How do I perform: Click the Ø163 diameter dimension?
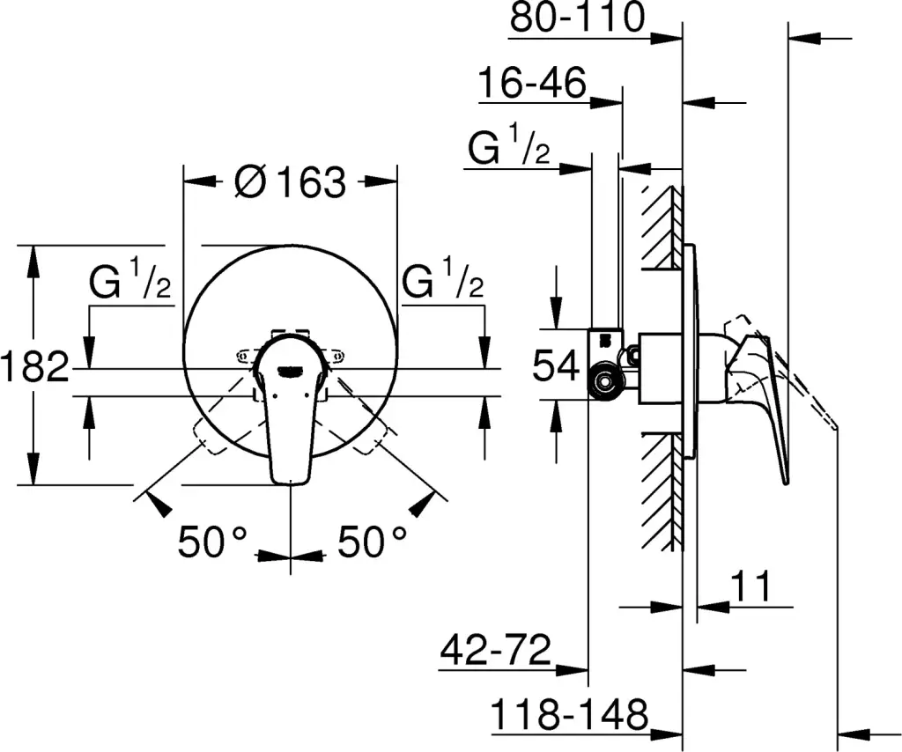[291, 181]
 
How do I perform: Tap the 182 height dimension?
[34, 366]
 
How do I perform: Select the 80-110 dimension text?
[578, 17]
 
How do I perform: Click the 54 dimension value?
[556, 365]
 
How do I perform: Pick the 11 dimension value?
[750, 586]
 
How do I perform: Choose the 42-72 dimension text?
[496, 650]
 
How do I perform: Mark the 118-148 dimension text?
[569, 714]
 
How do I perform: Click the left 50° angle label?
[212, 542]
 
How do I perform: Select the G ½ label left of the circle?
[130, 279]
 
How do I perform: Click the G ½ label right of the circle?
[443, 279]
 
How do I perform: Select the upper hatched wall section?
[662, 228]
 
